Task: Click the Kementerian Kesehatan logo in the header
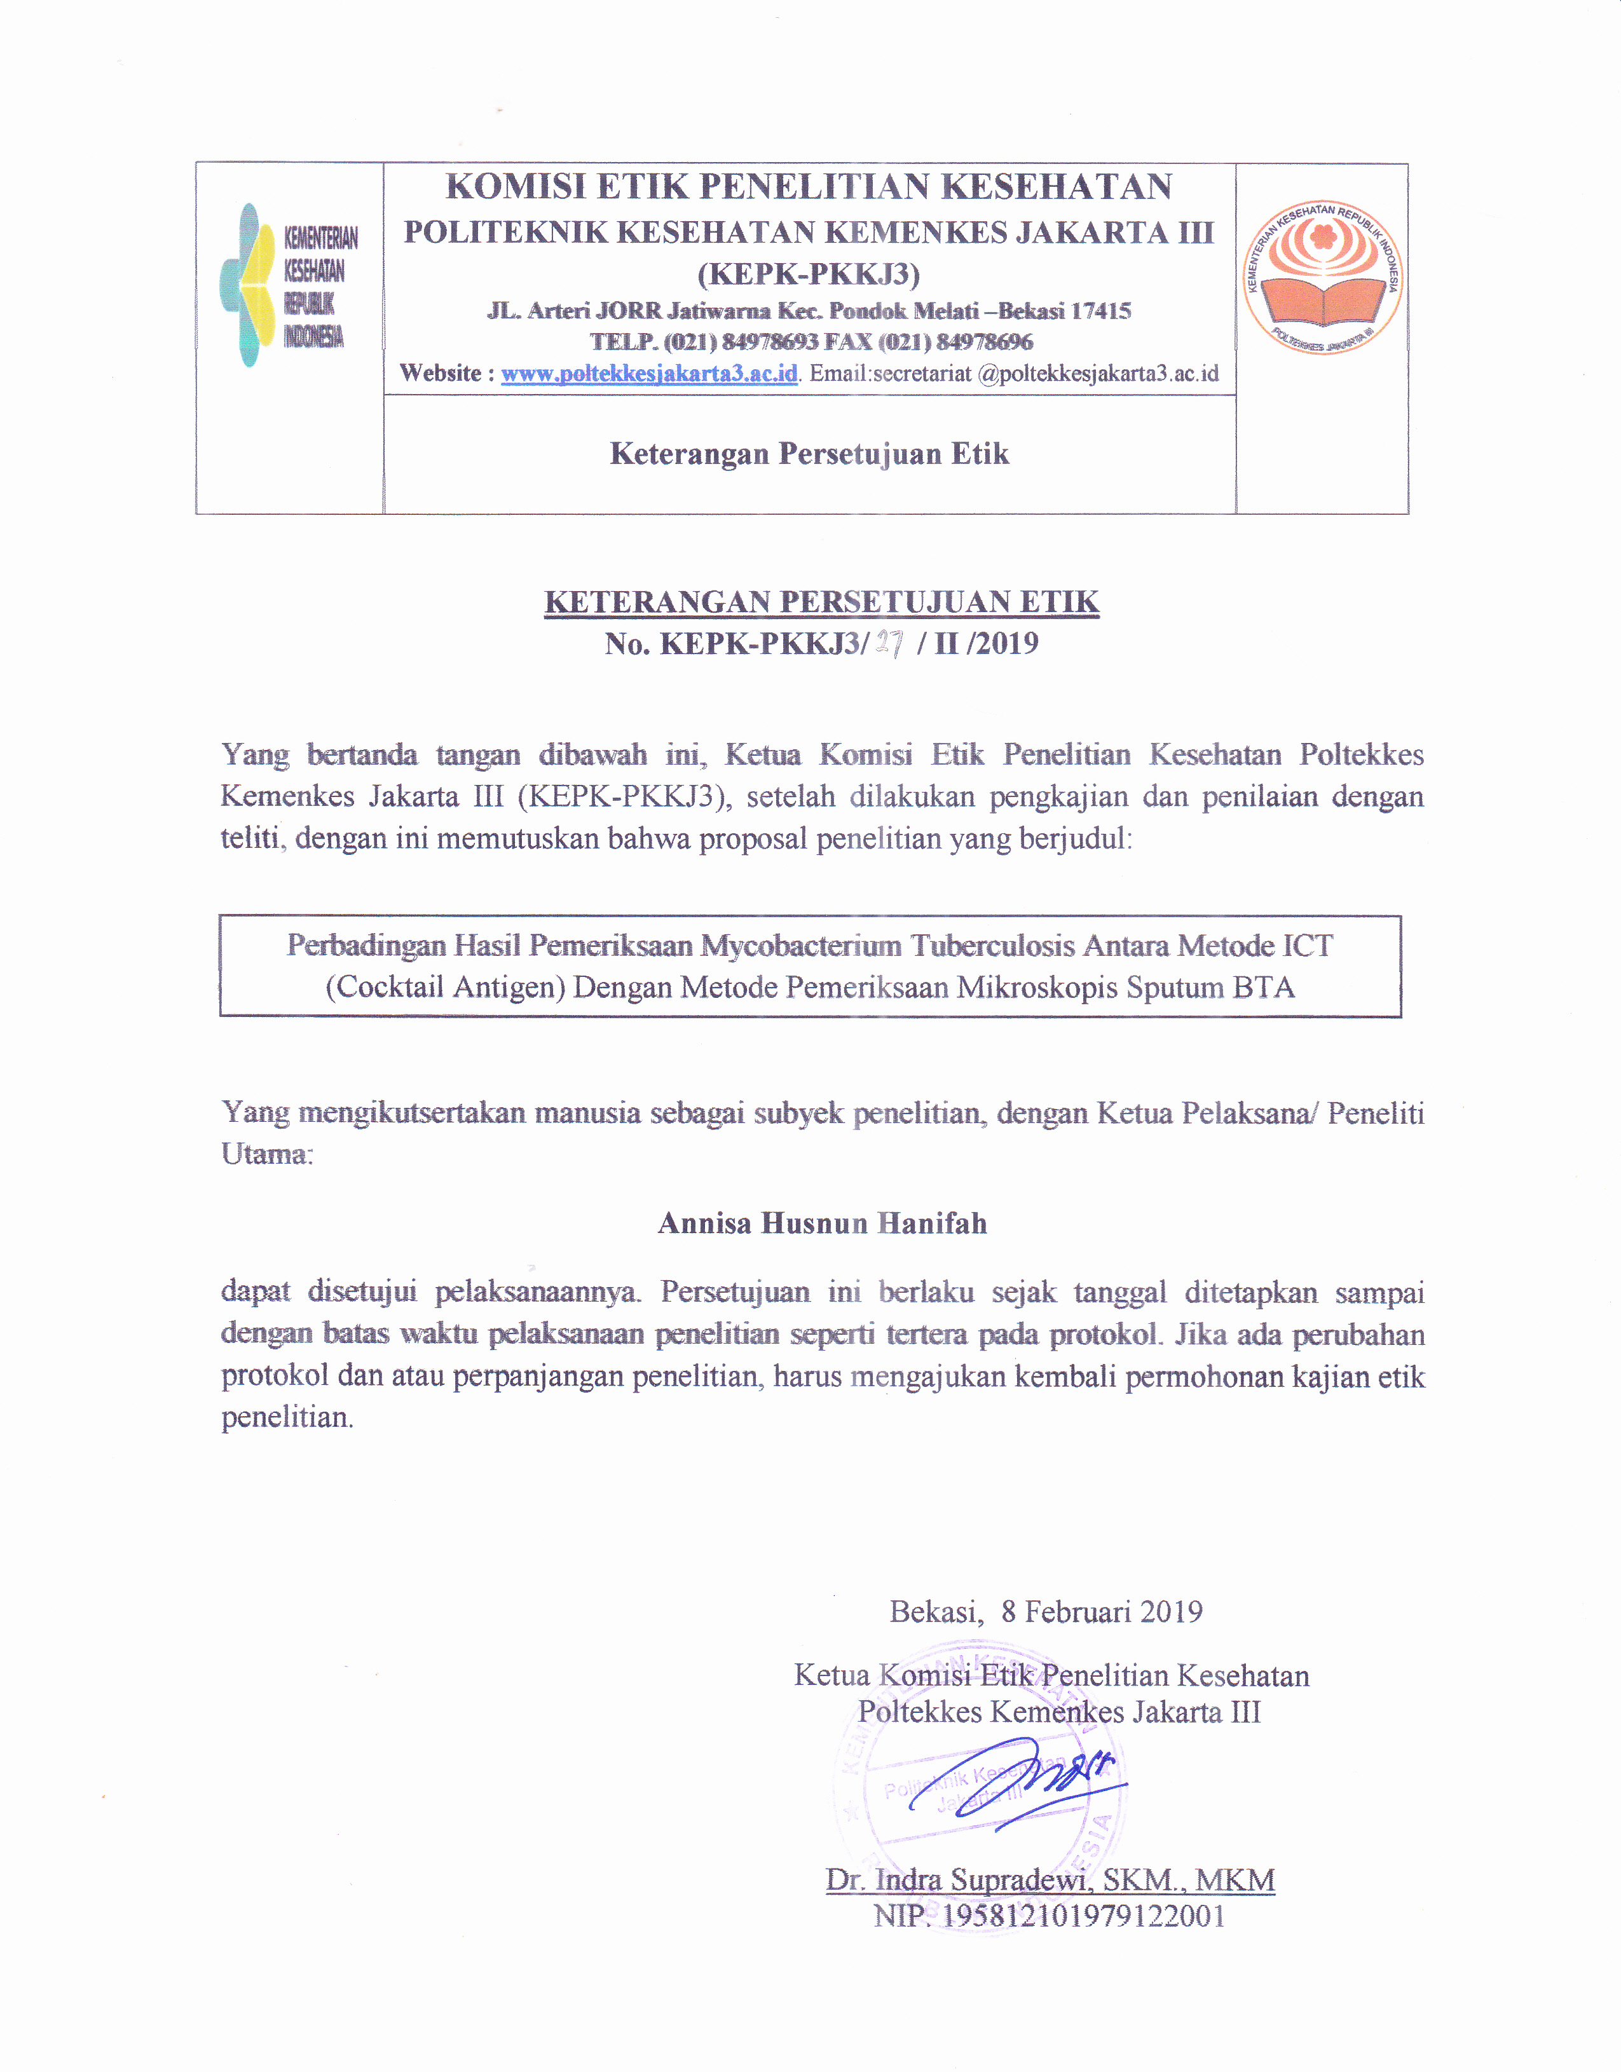pos(287,285)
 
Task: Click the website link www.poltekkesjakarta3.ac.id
pos(649,374)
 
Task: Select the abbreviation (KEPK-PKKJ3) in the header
pos(809,274)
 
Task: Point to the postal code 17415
pos(1101,311)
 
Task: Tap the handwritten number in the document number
pos(889,644)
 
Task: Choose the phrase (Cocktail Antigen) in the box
pos(445,988)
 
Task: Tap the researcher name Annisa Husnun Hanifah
pos(822,1224)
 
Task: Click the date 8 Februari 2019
pos(1101,1612)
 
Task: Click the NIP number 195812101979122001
pos(1083,1916)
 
